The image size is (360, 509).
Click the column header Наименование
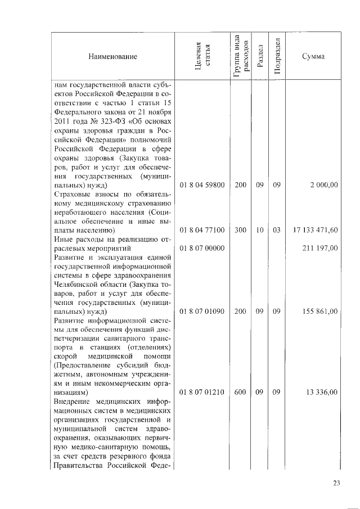click(112, 57)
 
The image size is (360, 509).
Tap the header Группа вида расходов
click(241, 56)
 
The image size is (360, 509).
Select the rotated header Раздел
click(259, 56)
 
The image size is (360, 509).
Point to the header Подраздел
click(277, 56)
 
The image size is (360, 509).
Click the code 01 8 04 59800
click(202, 184)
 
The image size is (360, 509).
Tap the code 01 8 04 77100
click(202, 230)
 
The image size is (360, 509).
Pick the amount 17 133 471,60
click(316, 230)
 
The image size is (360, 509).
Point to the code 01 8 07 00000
click(202, 247)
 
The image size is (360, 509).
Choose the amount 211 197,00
click(320, 247)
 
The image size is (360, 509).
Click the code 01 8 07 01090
click(202, 311)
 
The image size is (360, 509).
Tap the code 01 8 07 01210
click(202, 392)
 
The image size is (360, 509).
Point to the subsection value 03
click(277, 230)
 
